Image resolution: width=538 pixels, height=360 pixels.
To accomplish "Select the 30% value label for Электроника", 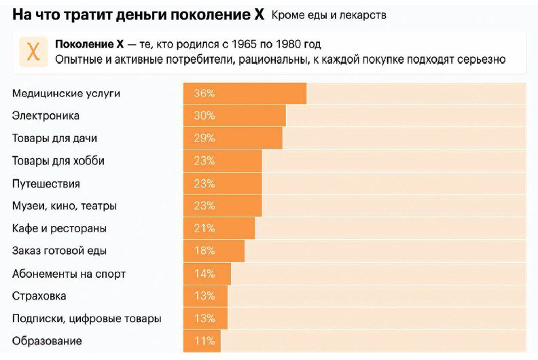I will tap(204, 116).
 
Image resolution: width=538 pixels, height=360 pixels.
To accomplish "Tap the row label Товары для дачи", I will tap(54, 139).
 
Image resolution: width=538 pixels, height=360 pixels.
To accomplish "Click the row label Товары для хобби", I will tap(58, 161).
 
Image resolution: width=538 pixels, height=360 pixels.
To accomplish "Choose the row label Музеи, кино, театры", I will tap(65, 206).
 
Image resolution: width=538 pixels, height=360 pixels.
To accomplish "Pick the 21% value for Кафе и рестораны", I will tap(204, 228).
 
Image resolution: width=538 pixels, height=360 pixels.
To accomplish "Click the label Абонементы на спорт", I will tap(69, 274).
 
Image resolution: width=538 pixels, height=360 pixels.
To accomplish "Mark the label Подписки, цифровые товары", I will tap(87, 319).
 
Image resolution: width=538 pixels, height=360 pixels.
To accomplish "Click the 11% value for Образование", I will tap(204, 341).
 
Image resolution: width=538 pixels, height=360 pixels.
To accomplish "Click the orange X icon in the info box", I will tap(33, 52).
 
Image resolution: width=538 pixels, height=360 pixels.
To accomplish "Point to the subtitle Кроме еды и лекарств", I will tap(329, 15).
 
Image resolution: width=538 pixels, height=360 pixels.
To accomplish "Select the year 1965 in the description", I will tap(243, 45).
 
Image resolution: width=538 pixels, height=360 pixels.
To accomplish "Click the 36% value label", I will tap(204, 94).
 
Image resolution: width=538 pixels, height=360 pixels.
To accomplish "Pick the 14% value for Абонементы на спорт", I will tap(204, 274).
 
